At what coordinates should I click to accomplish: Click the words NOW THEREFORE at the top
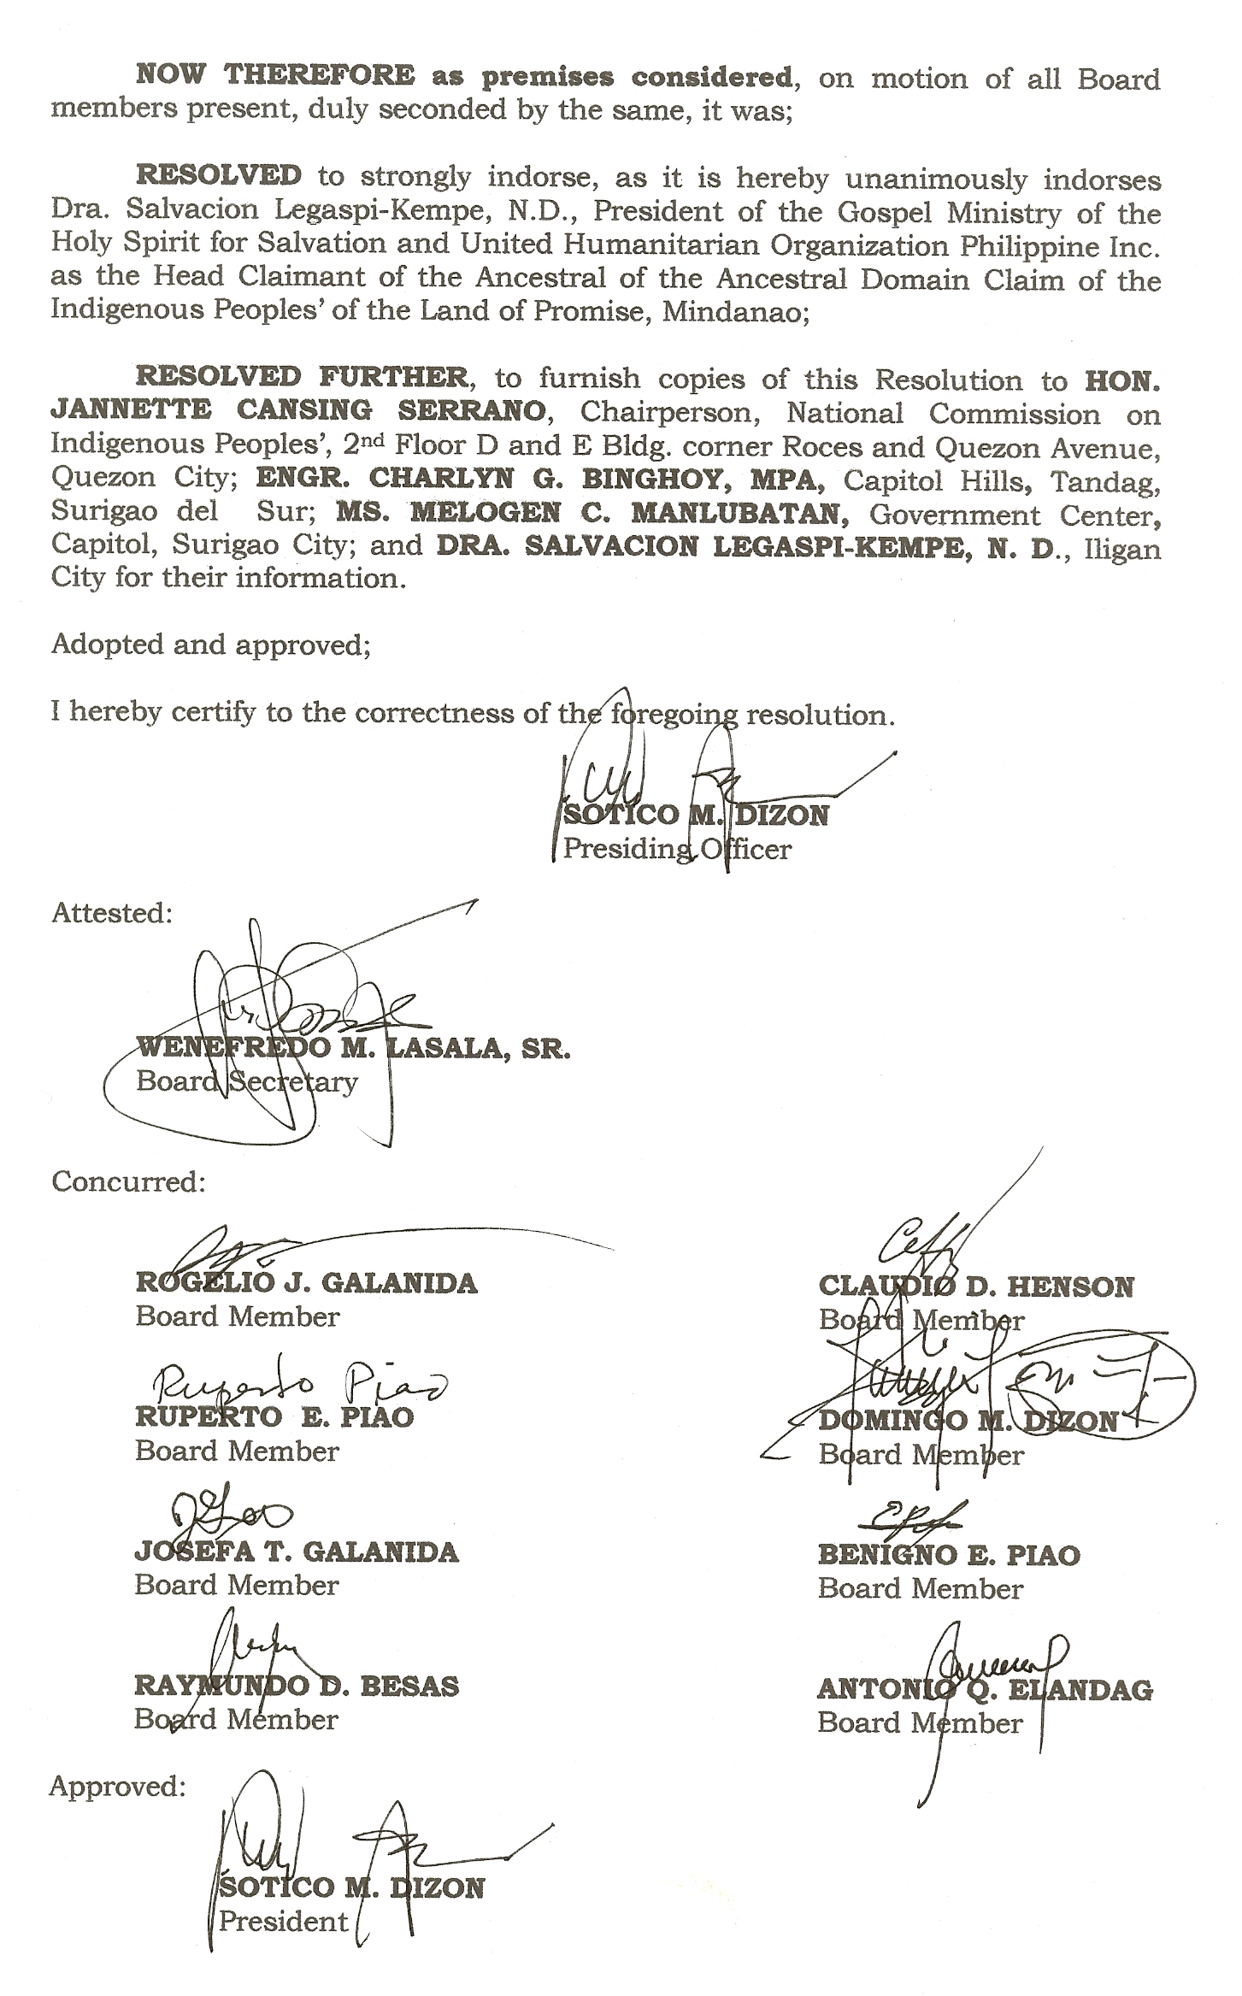275,76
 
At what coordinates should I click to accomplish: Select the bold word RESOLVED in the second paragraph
219,175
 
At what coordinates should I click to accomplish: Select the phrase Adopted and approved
211,644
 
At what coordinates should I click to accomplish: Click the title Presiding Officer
677,849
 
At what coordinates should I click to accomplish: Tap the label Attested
112,913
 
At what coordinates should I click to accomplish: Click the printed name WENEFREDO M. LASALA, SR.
353,1048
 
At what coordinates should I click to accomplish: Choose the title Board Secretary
246,1081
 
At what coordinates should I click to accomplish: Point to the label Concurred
128,1181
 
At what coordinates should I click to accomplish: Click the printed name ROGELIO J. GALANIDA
306,1283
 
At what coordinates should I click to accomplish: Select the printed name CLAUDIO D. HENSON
975,1287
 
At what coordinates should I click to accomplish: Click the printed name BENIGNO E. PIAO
949,1554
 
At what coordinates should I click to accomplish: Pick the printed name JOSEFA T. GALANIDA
297,1551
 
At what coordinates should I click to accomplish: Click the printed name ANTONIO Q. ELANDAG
985,1689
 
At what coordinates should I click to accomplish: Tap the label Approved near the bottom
117,1787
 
